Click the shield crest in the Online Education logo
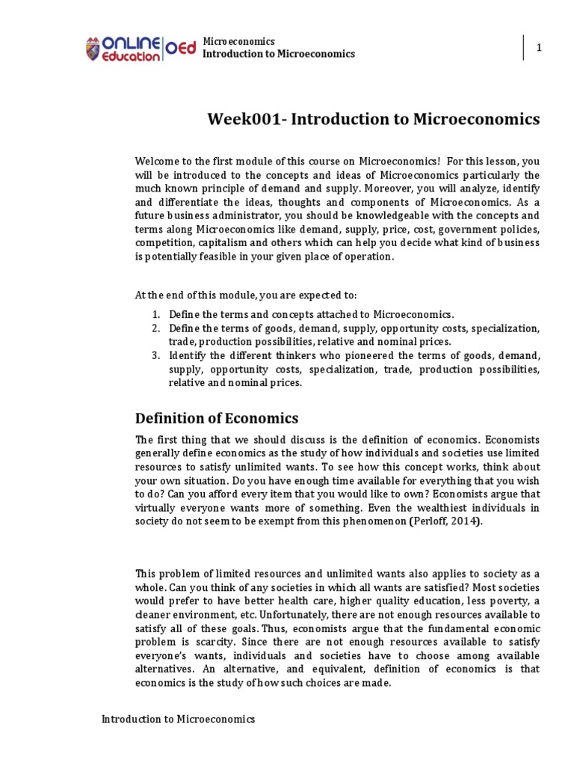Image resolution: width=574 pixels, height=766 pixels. pos(94,48)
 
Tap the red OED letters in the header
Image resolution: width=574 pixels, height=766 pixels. pos(179,48)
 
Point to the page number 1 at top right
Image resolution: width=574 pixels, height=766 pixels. pos(538,48)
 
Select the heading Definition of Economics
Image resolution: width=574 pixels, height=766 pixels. pos(217,418)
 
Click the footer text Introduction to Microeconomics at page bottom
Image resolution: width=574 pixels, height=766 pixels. pos(179,719)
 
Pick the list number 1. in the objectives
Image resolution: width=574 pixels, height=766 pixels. pos(156,315)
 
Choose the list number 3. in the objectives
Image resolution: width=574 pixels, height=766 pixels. pos(156,356)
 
